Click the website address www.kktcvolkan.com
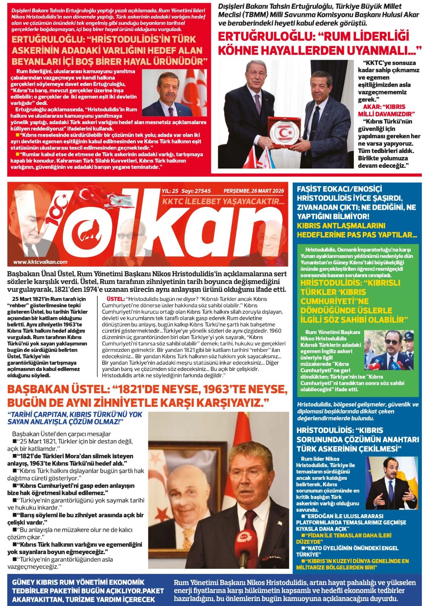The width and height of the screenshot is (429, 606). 40,262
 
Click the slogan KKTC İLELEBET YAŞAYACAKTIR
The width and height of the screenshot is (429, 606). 223,201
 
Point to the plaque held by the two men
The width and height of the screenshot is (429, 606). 283,133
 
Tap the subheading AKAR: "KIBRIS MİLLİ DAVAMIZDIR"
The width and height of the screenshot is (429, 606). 386,110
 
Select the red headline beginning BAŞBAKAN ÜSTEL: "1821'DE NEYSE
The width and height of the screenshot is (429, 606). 148,395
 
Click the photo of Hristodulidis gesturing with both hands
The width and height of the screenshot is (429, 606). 392,483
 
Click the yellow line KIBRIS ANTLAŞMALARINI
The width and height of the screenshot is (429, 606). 341,226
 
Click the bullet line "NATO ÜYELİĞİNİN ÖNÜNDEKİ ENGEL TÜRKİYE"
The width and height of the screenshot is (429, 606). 347,551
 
